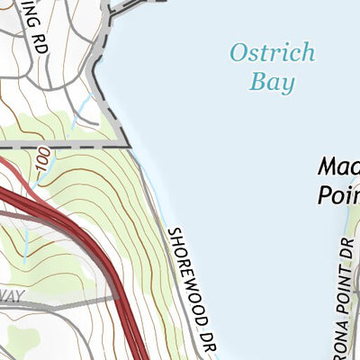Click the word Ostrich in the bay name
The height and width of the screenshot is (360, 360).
(272, 52)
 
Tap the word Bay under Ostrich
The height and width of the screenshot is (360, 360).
(274, 83)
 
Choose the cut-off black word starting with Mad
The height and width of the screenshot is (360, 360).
(337, 167)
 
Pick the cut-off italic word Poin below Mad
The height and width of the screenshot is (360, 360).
(338, 195)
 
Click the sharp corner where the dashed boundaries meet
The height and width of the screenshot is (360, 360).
(130, 145)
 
